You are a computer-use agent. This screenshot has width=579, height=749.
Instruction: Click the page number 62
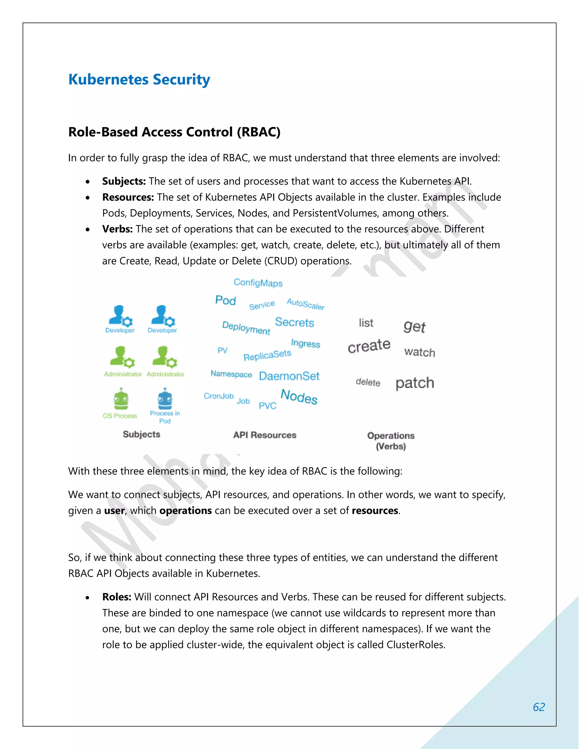539,707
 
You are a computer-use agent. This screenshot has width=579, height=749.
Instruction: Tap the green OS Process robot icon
121,399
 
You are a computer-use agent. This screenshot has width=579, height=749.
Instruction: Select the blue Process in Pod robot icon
165,399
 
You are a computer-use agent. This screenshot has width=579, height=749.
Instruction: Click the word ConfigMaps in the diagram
258,283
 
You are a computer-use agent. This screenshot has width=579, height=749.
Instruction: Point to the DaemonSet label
289,376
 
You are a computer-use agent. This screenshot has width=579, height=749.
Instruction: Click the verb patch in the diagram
415,383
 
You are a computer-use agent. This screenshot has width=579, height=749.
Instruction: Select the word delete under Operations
368,382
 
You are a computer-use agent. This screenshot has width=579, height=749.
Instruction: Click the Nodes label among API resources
299,397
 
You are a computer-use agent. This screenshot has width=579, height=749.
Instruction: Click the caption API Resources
264,435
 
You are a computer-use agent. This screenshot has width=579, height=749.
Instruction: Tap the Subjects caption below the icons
141,434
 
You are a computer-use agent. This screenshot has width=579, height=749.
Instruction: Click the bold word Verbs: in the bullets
117,229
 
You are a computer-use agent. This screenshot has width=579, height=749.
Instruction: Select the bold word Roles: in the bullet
117,597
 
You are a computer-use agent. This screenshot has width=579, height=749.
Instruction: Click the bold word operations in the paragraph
185,511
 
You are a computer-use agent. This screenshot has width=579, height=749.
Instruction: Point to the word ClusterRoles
415,645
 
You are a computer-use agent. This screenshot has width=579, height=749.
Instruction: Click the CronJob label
219,396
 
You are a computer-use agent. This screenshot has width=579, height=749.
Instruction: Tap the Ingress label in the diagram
305,343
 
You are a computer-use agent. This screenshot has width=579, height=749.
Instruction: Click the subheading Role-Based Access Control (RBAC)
174,132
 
